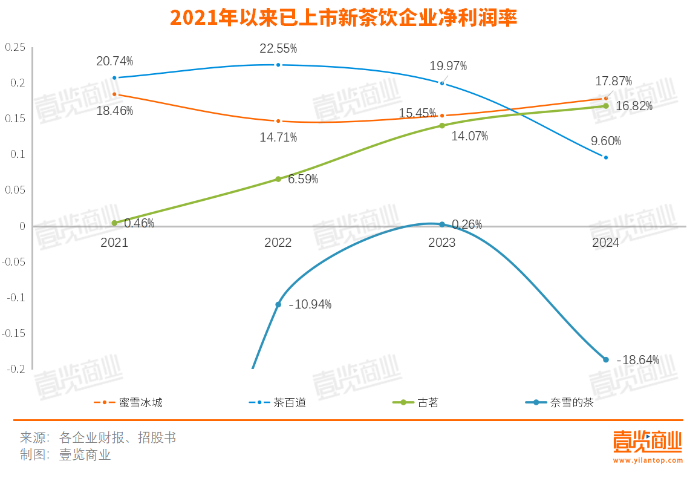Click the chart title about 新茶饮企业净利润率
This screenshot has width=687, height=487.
pyautogui.click(x=344, y=18)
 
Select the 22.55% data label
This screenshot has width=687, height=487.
pyautogui.click(x=278, y=48)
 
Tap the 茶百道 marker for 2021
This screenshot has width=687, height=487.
pyautogui.click(x=114, y=77)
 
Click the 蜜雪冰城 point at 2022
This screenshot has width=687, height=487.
pyautogui.click(x=278, y=121)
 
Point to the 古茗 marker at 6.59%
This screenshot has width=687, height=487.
pyautogui.click(x=278, y=179)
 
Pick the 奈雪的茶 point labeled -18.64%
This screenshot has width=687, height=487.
pyautogui.click(x=605, y=359)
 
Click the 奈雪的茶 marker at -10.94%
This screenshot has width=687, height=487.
pyautogui.click(x=278, y=304)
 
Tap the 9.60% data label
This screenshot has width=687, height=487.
pyautogui.click(x=605, y=141)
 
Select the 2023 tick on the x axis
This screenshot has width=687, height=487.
pyautogui.click(x=441, y=243)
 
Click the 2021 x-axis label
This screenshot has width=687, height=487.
pyautogui.click(x=114, y=243)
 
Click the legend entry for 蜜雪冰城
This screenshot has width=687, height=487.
pyautogui.click(x=128, y=402)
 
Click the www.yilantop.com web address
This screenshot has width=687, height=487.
pyautogui.click(x=647, y=460)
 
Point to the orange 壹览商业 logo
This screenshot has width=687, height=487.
pyautogui.click(x=647, y=442)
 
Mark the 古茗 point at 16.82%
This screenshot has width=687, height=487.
pyautogui.click(x=605, y=106)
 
